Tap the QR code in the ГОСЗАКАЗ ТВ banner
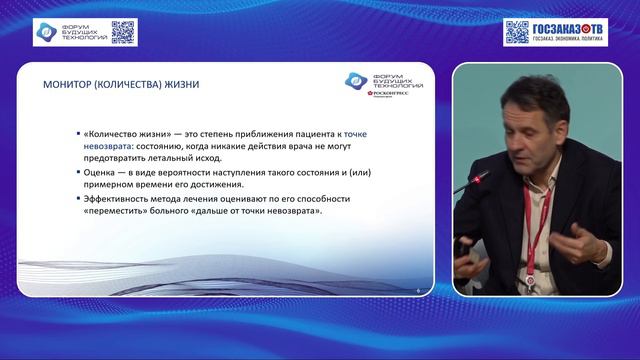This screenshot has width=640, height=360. pos(516,32)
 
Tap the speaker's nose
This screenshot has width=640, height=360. pos(511,140)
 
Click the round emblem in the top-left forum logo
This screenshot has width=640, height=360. pos(47,32)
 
